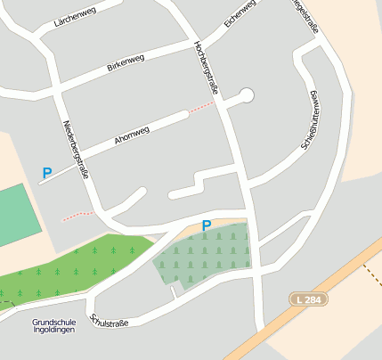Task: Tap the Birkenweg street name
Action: [126, 61]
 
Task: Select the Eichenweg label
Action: [240, 14]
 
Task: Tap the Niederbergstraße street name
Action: [75, 150]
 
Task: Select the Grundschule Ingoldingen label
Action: [53, 325]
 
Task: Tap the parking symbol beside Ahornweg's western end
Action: [47, 173]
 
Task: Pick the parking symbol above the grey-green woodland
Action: [206, 226]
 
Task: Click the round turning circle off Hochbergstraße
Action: [247, 94]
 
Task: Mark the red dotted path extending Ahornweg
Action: [201, 107]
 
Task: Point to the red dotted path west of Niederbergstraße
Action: [77, 215]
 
